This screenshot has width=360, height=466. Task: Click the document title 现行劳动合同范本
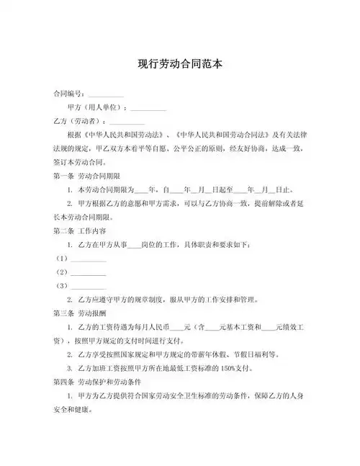[x=180, y=64]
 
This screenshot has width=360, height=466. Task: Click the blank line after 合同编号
[x=105, y=95]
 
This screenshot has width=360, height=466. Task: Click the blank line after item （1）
[x=89, y=259]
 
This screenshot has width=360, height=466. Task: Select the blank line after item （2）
[x=89, y=272]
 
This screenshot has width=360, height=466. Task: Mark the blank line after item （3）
[x=89, y=286]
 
